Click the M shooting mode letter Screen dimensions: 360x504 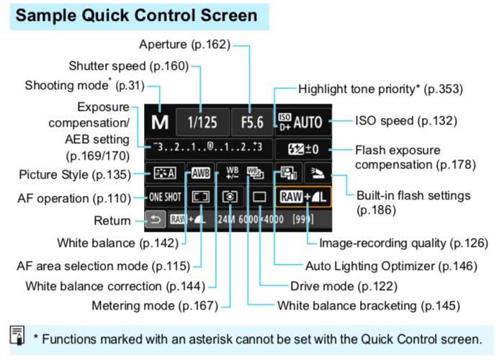159,122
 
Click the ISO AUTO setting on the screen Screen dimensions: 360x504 301,122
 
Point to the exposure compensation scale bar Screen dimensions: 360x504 204,148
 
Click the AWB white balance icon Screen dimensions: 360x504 198,174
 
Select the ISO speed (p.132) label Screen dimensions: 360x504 406,121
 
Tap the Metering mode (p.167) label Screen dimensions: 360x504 154,305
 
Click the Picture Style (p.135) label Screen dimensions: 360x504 76,174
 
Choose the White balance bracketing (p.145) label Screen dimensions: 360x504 368,305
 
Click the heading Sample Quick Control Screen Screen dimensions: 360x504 137,15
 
